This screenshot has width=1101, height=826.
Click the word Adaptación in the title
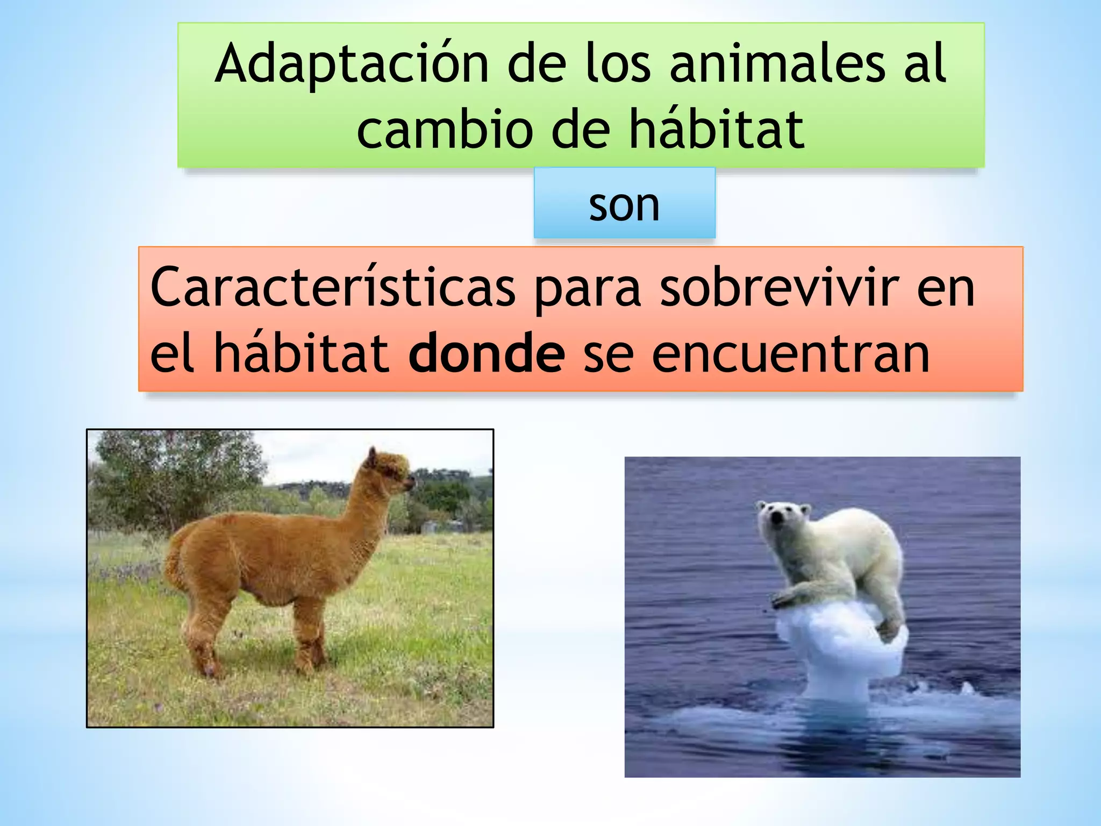click(352, 65)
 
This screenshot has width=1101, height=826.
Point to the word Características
click(332, 288)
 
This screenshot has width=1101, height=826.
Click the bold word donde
click(487, 353)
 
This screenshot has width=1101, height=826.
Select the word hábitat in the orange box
click(301, 353)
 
